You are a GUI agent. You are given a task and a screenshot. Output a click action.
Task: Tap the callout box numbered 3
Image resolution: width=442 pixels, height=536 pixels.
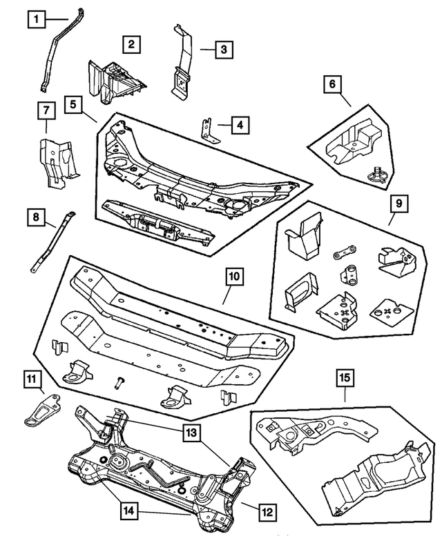223,50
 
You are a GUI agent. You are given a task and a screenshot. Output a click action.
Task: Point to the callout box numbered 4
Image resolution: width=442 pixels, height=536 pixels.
239,126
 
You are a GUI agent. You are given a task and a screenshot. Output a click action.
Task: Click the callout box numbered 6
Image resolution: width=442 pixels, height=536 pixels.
332,84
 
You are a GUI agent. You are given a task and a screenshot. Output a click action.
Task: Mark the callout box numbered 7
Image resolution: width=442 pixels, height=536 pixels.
45,110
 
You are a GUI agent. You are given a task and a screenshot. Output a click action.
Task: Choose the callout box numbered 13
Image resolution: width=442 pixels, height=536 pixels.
191,433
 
